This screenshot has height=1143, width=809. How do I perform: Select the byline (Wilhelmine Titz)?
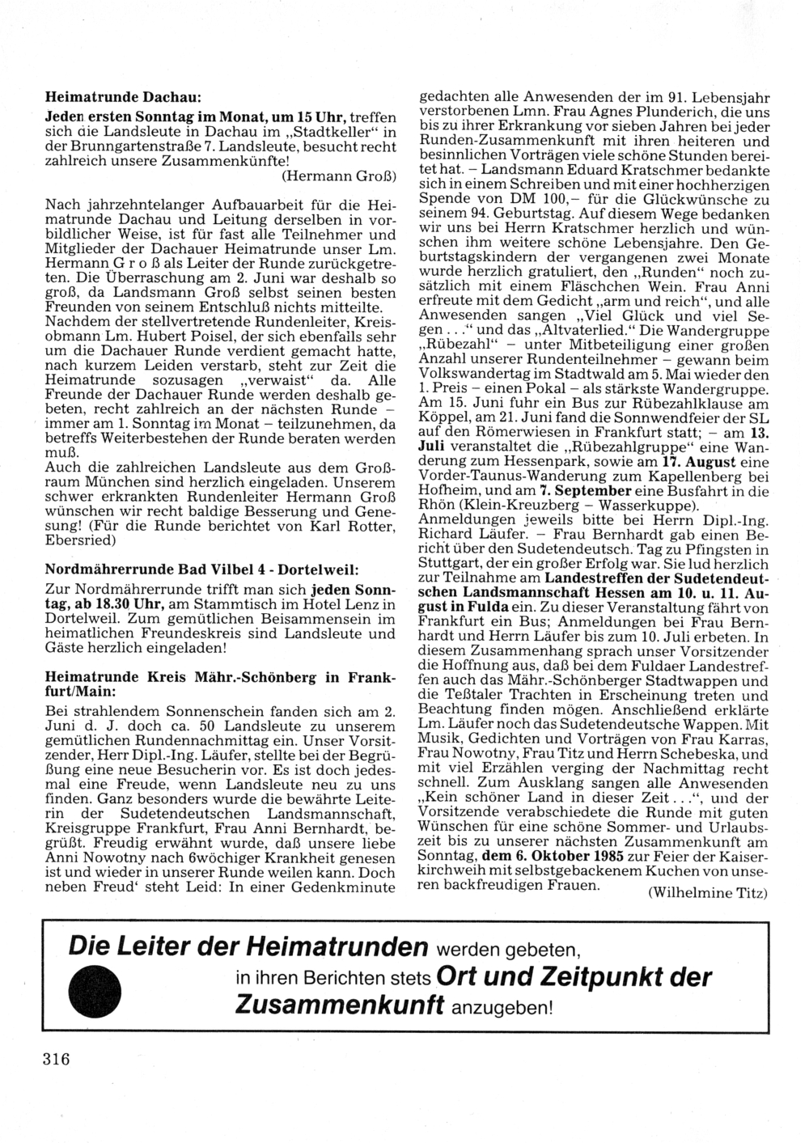(x=707, y=893)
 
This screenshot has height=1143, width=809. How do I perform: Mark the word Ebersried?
(x=82, y=541)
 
